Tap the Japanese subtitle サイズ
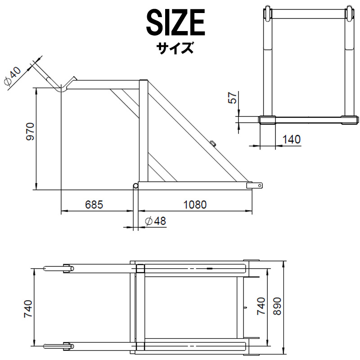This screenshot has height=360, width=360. tap(175, 47)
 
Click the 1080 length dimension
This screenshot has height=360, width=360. tap(194, 204)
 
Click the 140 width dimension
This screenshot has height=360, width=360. tap(292, 139)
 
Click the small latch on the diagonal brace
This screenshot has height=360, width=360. tap(212, 143)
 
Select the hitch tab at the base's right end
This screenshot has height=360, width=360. tap(257, 185)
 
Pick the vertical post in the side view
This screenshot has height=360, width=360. tap(143, 130)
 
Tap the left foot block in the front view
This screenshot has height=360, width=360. tap(267, 119)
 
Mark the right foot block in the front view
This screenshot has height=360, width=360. tap(350, 119)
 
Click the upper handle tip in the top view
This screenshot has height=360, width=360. tap(48, 269)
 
